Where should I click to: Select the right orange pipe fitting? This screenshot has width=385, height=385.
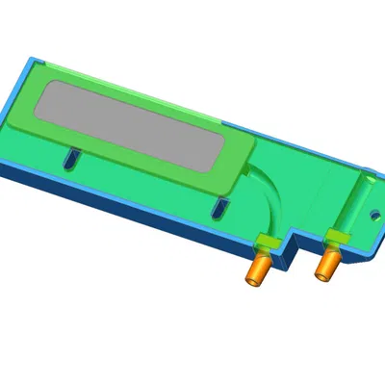tap(327, 262)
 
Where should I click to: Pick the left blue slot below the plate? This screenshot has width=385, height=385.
tap(69, 157)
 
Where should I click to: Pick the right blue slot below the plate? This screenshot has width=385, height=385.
tap(220, 209)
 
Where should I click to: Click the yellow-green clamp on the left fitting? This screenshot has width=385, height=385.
tap(265, 242)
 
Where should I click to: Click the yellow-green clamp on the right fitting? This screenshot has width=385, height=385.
tap(335, 236)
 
